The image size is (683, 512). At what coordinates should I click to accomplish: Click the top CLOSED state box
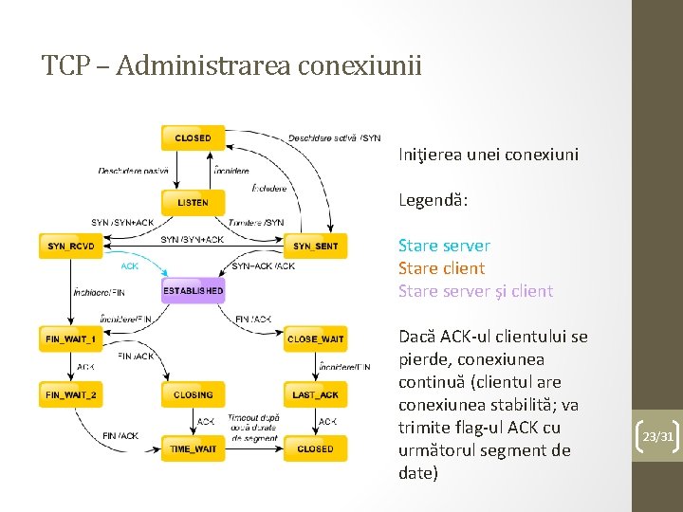(x=193, y=138)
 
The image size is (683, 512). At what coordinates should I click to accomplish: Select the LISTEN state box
(x=193, y=202)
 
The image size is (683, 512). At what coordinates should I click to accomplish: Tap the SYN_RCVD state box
(x=71, y=247)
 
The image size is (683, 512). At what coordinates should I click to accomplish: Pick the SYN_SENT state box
(x=315, y=247)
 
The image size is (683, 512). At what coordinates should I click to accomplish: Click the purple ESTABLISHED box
(x=193, y=290)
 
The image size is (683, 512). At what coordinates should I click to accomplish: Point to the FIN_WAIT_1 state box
(x=71, y=338)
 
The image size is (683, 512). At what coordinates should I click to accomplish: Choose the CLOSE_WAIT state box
(x=315, y=338)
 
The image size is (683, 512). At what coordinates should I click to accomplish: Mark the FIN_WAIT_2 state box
(x=71, y=394)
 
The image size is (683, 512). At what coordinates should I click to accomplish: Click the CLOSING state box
(x=193, y=394)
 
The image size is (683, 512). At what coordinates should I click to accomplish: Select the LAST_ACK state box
(x=315, y=394)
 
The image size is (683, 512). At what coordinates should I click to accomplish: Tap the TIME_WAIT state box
(x=193, y=448)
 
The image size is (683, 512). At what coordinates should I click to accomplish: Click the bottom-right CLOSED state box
(x=315, y=448)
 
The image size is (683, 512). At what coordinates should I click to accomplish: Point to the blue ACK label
(x=129, y=266)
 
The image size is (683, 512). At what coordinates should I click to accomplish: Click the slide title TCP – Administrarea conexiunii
(x=231, y=66)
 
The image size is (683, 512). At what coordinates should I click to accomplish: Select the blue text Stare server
(x=444, y=246)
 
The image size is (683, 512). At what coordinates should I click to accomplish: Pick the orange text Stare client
(x=441, y=268)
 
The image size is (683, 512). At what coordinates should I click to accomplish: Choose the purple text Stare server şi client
(x=475, y=291)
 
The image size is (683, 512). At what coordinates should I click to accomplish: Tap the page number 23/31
(x=657, y=437)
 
